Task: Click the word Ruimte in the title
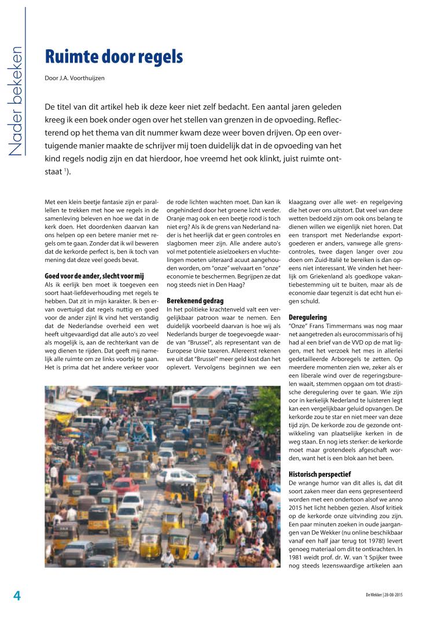click(x=75, y=57)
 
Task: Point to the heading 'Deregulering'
click(x=307, y=317)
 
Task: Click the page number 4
click(x=17, y=596)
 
